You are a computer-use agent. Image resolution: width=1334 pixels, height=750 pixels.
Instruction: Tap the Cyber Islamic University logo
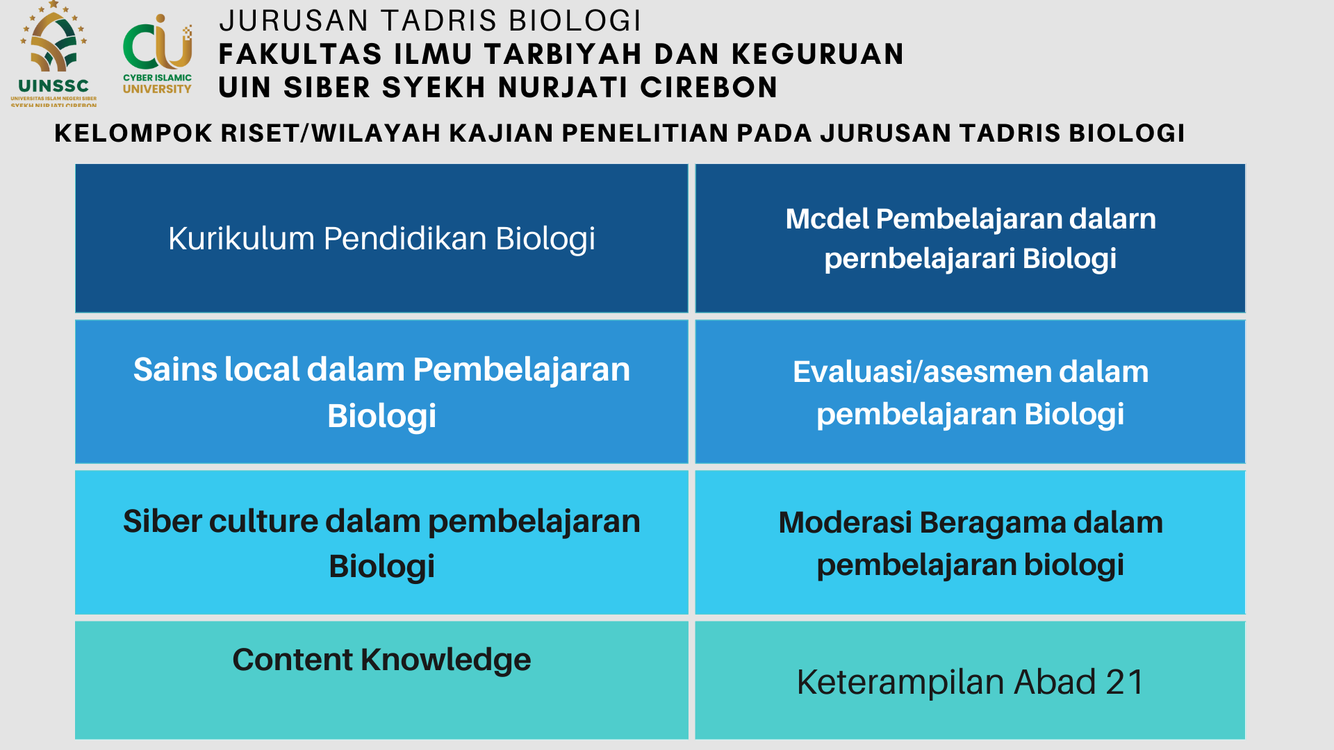click(158, 54)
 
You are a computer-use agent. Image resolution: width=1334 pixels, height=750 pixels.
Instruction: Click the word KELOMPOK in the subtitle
click(133, 133)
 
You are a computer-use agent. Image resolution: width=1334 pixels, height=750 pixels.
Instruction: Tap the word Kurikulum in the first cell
click(241, 238)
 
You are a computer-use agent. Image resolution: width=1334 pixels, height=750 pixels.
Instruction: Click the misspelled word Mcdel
click(827, 219)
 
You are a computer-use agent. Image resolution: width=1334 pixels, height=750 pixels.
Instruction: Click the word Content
click(292, 660)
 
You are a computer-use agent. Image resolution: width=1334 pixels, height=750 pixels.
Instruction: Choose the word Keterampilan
click(901, 683)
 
